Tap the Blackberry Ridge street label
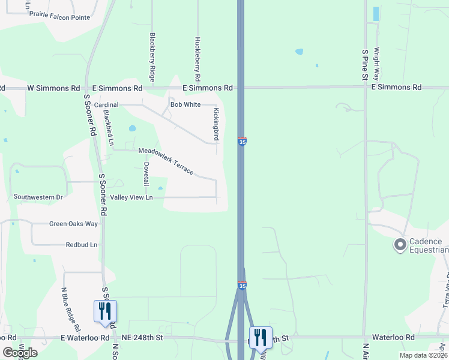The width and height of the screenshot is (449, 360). (x=152, y=57)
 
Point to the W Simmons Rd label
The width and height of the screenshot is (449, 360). (x=53, y=88)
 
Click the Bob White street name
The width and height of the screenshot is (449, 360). (x=185, y=104)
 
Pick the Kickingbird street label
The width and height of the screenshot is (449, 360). (x=216, y=124)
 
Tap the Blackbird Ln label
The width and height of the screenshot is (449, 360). (x=109, y=128)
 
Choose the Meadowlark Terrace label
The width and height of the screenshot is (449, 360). (x=166, y=161)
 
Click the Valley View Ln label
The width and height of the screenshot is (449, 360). (x=131, y=197)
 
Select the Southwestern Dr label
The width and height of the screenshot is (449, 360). (x=38, y=197)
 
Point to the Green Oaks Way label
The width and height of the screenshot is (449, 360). (x=73, y=224)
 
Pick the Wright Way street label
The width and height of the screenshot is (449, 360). (x=376, y=64)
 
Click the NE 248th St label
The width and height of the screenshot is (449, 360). (x=142, y=338)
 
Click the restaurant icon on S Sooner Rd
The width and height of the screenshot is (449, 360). (x=105, y=311)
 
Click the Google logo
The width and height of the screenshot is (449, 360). (x=20, y=353)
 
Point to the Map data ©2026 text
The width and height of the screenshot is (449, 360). (x=423, y=355)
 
